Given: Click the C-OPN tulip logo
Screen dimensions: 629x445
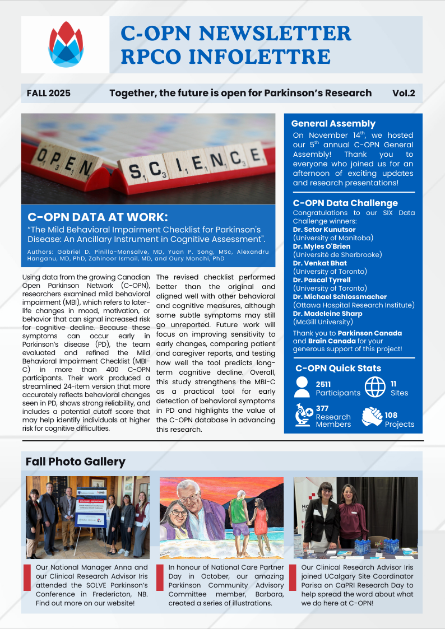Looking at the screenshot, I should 66,44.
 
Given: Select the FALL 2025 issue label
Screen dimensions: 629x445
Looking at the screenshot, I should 49,93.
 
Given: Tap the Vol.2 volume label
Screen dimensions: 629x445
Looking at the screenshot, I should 404,93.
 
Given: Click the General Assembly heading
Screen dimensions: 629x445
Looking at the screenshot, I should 333,123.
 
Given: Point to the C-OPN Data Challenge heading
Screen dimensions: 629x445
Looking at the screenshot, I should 345,203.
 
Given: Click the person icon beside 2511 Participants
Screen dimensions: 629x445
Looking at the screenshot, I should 302,386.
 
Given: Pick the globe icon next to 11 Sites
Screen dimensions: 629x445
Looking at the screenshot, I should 375,386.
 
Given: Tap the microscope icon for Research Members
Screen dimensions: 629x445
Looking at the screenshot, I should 303,416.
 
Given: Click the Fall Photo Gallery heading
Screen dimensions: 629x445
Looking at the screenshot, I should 75,462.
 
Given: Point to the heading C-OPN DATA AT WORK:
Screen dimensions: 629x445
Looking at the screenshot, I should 98,216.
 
